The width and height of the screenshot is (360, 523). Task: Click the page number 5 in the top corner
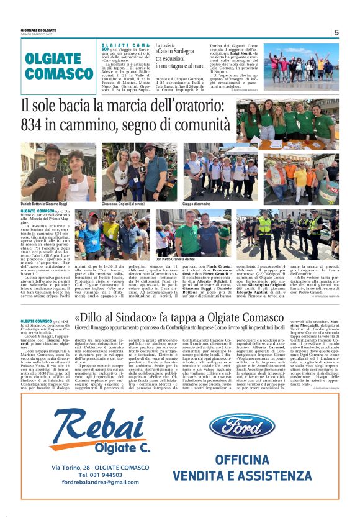(336, 32)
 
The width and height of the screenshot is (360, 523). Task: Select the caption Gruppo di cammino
(197, 204)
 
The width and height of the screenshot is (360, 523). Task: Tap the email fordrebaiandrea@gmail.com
(96, 482)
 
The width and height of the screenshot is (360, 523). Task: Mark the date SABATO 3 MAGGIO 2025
(38, 34)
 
